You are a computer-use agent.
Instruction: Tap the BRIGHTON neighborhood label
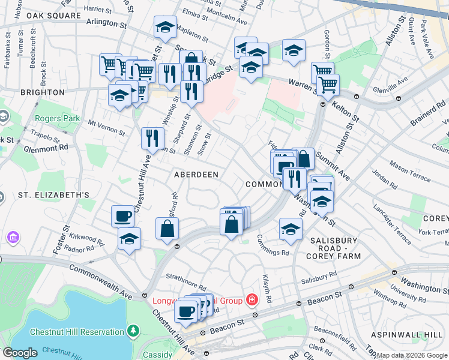pos(42,92)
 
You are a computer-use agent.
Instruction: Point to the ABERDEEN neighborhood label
pos(195,174)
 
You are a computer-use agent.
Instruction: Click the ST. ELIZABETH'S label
pos(53,195)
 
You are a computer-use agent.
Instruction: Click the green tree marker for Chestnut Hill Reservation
pos(133,331)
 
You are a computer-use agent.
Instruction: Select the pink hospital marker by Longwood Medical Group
pos(253,299)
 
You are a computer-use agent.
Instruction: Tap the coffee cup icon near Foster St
pos(123,215)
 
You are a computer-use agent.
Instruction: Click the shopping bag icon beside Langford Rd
pos(167,228)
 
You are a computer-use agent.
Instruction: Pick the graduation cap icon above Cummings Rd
pos(291,229)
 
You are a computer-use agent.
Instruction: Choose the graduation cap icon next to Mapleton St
pos(164,27)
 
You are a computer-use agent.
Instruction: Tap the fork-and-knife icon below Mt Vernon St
pos(152,138)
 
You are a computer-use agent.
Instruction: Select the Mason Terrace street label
pos(409,162)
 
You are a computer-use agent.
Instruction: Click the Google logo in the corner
pos(20,353)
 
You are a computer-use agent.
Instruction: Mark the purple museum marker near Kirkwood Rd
pos(13,238)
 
